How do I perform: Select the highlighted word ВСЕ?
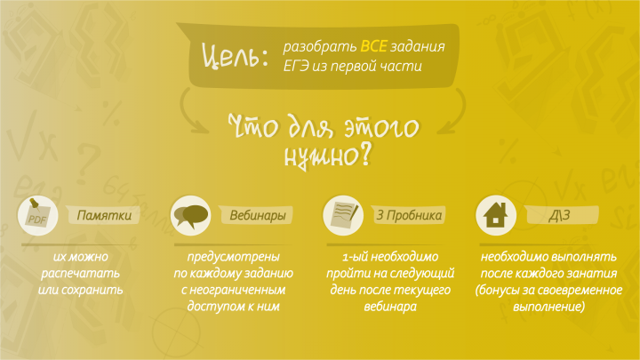(373, 45)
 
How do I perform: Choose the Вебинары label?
(258, 216)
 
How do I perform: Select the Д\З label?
(560, 216)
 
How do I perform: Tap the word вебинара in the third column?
(390, 307)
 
